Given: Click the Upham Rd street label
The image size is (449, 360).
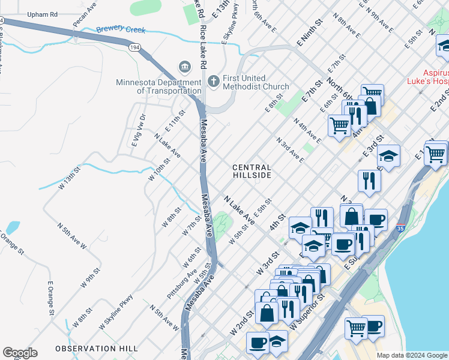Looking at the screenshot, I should point(43,13).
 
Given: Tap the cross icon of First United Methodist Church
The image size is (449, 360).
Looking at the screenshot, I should point(212,80).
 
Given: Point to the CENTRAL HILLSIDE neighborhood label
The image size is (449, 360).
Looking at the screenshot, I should point(252,171).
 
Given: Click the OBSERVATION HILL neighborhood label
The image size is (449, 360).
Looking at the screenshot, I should point(97,349).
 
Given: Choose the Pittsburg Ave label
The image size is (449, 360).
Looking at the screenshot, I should point(182,284).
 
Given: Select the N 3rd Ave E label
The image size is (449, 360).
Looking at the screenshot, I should point(290,150).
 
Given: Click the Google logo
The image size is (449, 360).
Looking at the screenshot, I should point(20,353).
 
